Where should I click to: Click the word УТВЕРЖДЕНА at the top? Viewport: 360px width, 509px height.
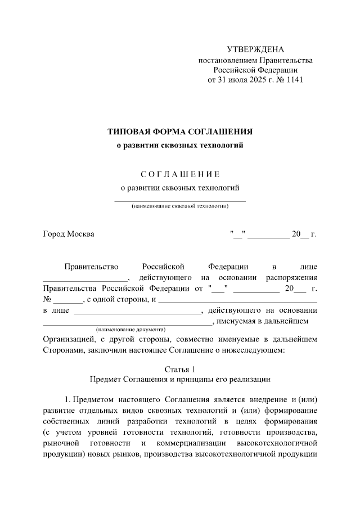pyautogui.click(x=255, y=50)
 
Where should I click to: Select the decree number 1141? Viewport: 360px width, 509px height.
pyautogui.click(x=294, y=79)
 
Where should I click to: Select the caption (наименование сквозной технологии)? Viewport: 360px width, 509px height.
pyautogui.click(x=180, y=206)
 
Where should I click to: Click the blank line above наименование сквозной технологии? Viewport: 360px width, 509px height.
pyautogui.click(x=180, y=200)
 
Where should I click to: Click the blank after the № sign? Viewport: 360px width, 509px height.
pyautogui.click(x=68, y=299)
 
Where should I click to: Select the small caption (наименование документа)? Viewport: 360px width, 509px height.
pyautogui.click(x=130, y=328)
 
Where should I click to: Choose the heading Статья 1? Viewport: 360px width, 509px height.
pyautogui.click(x=180, y=370)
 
